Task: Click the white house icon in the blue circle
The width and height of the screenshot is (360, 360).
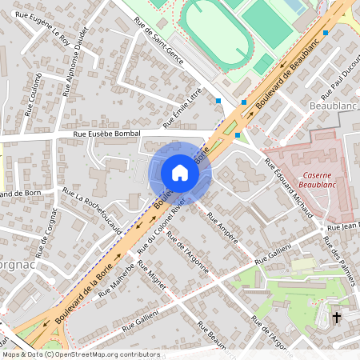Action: click(x=180, y=173)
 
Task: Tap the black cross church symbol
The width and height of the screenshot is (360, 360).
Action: click(x=336, y=318)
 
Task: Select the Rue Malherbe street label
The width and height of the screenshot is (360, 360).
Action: click(x=115, y=282)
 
